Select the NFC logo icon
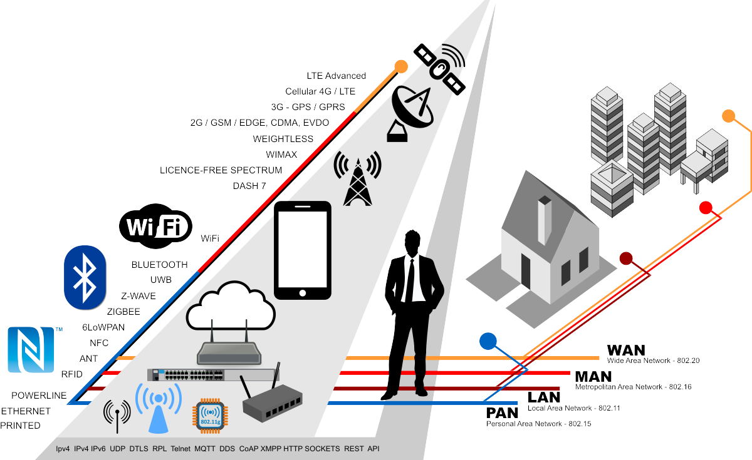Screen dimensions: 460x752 pos(31,349)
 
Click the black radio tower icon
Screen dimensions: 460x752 pos(357,179)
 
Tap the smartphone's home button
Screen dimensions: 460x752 pos(303,292)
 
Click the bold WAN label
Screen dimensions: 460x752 pos(626,350)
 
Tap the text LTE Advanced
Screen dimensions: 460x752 pos(336,76)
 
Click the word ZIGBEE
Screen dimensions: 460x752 pos(123,311)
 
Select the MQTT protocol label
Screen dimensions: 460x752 pos(204,449)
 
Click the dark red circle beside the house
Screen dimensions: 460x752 pos(627,258)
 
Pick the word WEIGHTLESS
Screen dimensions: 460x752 pos(283,138)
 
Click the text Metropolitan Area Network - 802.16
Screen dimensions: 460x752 pos(633,387)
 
